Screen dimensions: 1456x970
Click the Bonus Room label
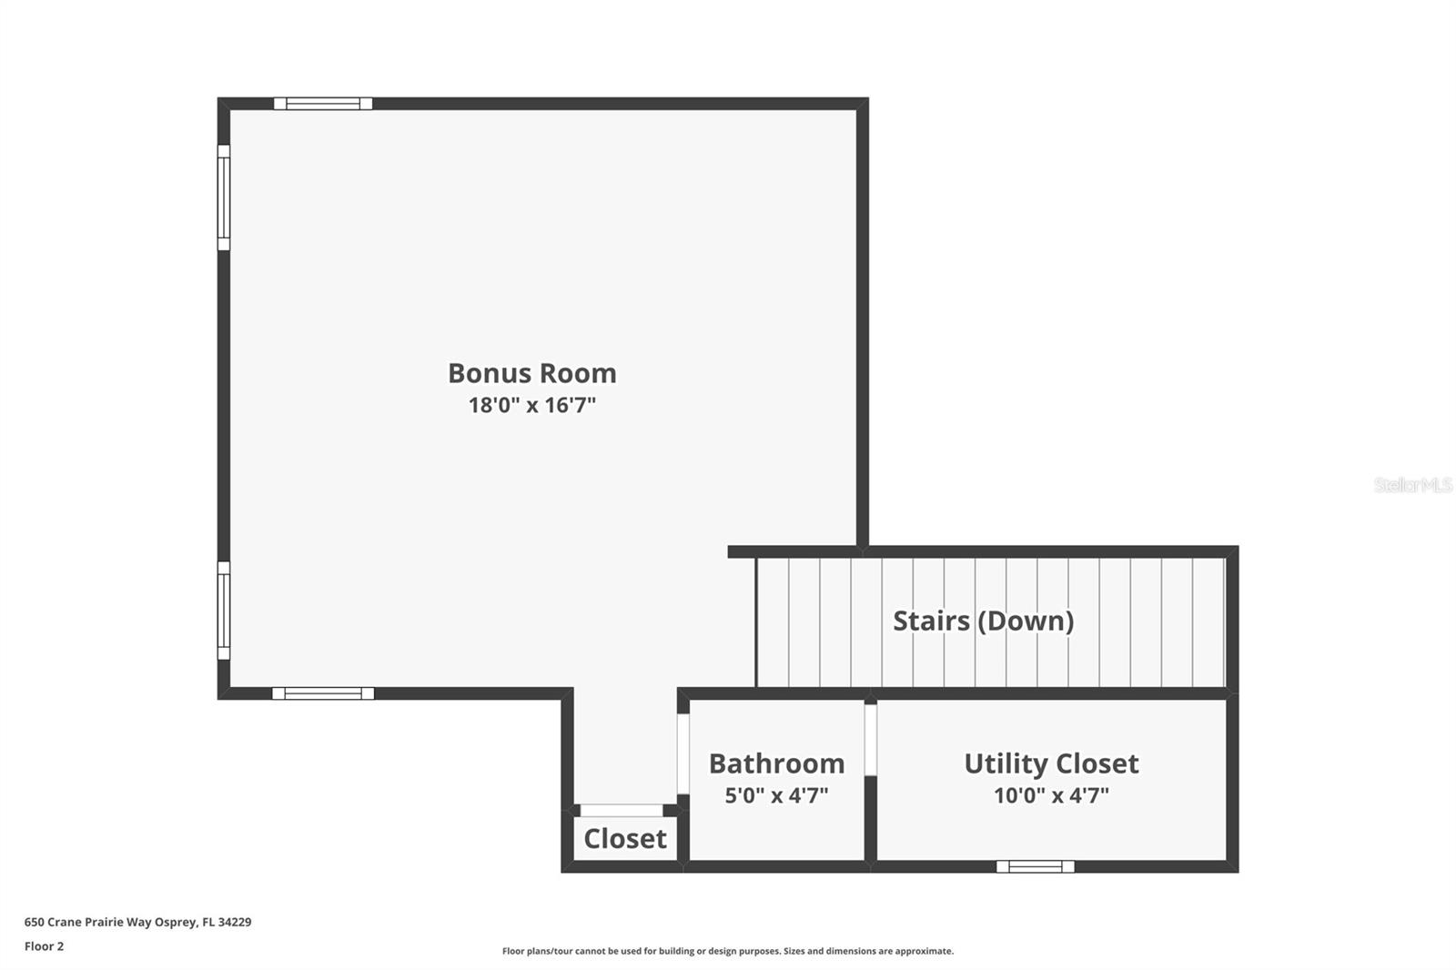[531, 373]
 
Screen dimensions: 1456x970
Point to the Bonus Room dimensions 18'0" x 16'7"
[531, 405]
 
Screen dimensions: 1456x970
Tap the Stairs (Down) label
[983, 621]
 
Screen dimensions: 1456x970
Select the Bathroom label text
[777, 763]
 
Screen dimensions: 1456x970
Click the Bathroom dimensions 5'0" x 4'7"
[777, 795]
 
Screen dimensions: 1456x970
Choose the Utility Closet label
[1051, 764]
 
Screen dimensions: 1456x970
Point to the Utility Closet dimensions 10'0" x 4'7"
[1051, 795]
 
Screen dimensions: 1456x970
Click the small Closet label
[624, 839]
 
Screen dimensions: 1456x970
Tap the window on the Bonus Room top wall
[323, 104]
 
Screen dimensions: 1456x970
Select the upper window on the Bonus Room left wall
[224, 197]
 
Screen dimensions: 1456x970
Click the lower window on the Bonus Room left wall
[224, 611]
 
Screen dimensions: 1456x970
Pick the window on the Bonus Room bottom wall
[323, 693]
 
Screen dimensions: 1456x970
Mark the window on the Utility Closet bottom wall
[1035, 866]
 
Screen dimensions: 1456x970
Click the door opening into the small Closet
[622, 810]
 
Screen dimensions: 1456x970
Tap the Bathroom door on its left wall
[683, 754]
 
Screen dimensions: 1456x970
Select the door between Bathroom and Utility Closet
[870, 740]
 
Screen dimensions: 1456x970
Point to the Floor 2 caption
[45, 946]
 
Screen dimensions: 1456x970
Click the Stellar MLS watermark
[1413, 484]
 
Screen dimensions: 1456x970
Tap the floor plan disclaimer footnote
[728, 951]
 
